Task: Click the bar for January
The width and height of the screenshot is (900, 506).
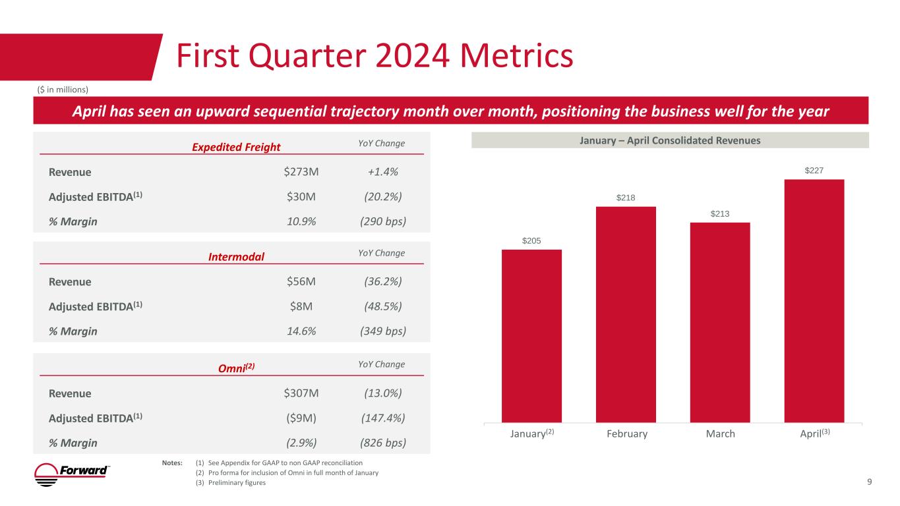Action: (531, 335)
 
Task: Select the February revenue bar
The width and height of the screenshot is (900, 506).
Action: (626, 314)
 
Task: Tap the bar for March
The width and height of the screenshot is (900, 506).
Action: (719, 322)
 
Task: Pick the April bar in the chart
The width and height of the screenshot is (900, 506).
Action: (814, 300)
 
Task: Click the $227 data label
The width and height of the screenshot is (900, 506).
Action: (814, 171)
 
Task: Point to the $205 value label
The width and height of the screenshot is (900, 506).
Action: (531, 240)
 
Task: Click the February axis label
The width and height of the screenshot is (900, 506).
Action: (626, 434)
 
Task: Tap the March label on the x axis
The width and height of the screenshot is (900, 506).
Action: (719, 434)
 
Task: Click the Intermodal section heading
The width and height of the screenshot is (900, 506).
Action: (236, 256)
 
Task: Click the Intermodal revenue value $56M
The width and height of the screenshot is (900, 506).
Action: (301, 282)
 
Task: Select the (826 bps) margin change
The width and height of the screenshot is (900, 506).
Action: (382, 442)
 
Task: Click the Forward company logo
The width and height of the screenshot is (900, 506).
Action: (72, 474)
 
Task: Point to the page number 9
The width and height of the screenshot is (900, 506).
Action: (870, 482)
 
